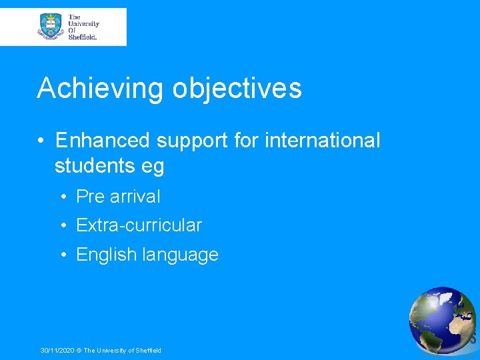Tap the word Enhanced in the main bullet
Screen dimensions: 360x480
pyautogui.click(x=103, y=141)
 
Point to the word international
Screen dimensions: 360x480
pyautogui.click(x=323, y=141)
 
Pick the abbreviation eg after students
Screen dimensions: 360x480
pyautogui.click(x=153, y=167)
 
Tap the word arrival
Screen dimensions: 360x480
pyautogui.click(x=135, y=197)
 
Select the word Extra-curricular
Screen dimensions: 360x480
pyautogui.click(x=139, y=225)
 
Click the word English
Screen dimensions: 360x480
pyautogui.click(x=106, y=255)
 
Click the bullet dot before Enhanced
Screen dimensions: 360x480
pyautogui.click(x=41, y=141)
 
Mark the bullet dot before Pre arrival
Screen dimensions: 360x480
pyautogui.click(x=62, y=197)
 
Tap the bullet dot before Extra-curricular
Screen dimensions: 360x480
pyautogui.click(x=62, y=226)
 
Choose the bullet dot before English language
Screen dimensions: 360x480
pyautogui.click(x=62, y=255)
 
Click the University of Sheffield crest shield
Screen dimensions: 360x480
pyautogui.click(x=50, y=27)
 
